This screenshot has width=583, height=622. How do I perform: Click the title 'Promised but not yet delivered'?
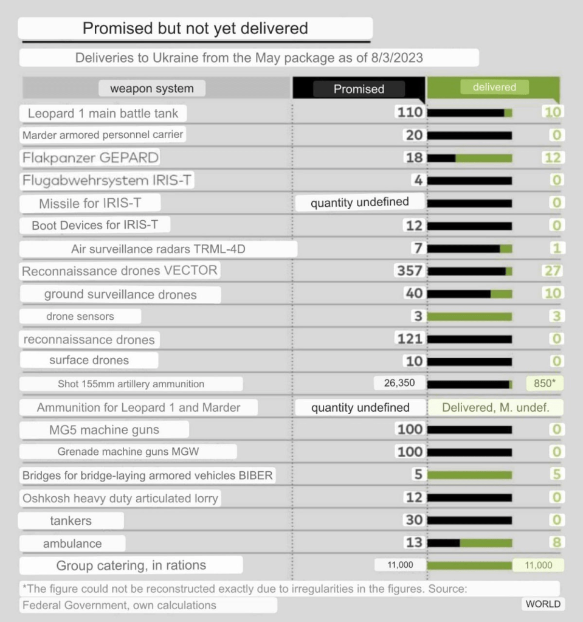195,28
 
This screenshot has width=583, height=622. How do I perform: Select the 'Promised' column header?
359,89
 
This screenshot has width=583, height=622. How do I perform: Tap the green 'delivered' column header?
494,88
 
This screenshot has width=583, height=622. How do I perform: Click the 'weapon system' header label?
152,89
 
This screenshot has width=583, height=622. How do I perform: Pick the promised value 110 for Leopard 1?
409,112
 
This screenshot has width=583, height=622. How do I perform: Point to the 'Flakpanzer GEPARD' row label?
91,158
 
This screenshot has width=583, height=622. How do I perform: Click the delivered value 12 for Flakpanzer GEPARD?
553,158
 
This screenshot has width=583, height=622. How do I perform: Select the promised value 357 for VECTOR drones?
409,271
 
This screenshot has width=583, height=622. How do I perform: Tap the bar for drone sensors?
469,316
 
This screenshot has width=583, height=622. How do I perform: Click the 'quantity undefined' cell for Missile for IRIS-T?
359,202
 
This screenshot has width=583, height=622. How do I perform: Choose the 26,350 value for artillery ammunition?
399,384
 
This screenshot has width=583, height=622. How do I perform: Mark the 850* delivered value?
545,384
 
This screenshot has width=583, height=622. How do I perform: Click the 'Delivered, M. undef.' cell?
495,407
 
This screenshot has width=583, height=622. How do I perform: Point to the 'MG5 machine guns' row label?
104,430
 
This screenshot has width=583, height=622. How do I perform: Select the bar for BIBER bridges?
469,475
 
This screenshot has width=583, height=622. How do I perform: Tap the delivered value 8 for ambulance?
556,542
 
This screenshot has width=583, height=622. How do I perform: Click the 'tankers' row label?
71,520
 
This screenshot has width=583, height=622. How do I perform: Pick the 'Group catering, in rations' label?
131,565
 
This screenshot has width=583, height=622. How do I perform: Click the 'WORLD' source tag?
542,604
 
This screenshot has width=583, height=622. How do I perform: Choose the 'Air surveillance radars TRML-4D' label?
158,249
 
